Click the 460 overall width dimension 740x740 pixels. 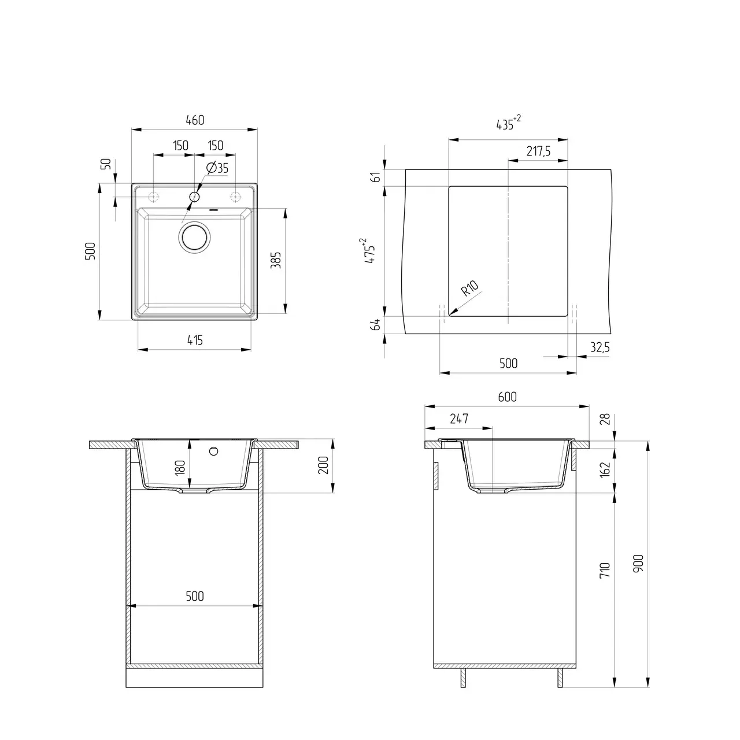tap(195, 120)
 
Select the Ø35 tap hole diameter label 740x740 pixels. tap(217, 168)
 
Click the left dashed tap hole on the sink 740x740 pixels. tap(154, 196)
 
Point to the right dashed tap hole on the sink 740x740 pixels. tap(235, 197)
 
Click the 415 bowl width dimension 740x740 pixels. tap(195, 340)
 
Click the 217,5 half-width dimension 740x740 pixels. tap(538, 151)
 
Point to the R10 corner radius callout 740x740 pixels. tap(469, 287)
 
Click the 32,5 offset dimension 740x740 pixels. tap(600, 347)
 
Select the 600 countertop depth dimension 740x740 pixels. tap(507, 397)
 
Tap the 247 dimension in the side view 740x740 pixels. tap(458, 419)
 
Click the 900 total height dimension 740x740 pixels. tap(638, 563)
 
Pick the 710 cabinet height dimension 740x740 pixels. tap(605, 571)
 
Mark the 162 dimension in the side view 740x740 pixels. tap(605, 469)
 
